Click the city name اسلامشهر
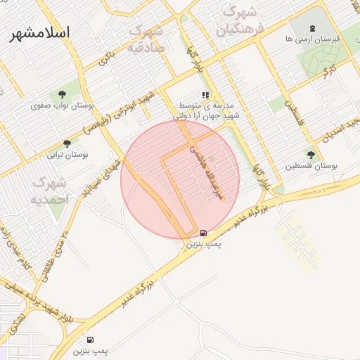tap(40, 33)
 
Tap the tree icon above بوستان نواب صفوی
tap(63, 94)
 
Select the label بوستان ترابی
tap(67, 155)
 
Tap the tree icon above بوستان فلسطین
tap(311, 154)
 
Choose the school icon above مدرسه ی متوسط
tap(205, 94)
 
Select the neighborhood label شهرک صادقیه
tap(147, 39)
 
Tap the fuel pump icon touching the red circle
tap(203, 233)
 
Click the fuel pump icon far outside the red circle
tap(91, 340)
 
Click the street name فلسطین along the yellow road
tap(293, 109)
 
